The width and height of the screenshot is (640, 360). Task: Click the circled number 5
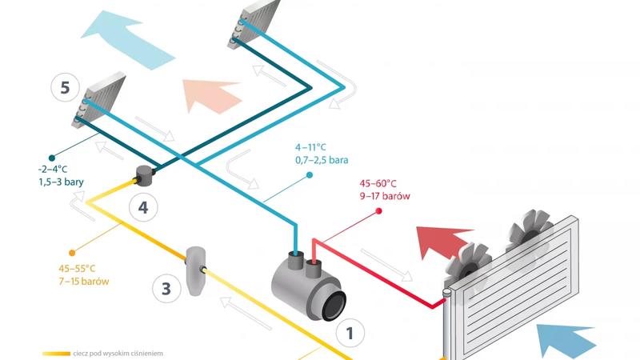pyautogui.click(x=65, y=87)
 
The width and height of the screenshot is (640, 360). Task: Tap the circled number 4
pyautogui.click(x=142, y=208)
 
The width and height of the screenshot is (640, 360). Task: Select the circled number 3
pyautogui.click(x=166, y=288)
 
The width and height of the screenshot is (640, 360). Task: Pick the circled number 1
pyautogui.click(x=350, y=330)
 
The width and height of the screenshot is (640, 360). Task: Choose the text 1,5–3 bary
pyautogui.click(x=60, y=182)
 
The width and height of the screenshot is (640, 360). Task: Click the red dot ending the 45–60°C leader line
pyautogui.click(x=379, y=212)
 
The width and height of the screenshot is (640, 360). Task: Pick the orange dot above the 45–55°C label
pyautogui.click(x=73, y=251)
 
